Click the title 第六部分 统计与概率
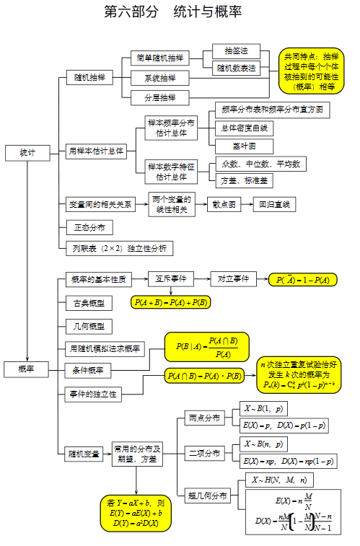[x=173, y=12]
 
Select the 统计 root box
[x=27, y=153]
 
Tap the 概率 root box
[x=27, y=369]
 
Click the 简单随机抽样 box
[x=159, y=58]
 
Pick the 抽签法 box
[x=236, y=51]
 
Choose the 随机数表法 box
[x=236, y=69]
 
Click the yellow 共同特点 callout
[x=311, y=71]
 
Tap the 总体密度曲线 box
[x=245, y=128]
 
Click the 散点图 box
[x=225, y=204]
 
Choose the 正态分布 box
[x=89, y=228]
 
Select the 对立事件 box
[x=234, y=278]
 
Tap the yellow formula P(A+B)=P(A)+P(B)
[x=170, y=302]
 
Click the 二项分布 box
[x=204, y=453]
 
